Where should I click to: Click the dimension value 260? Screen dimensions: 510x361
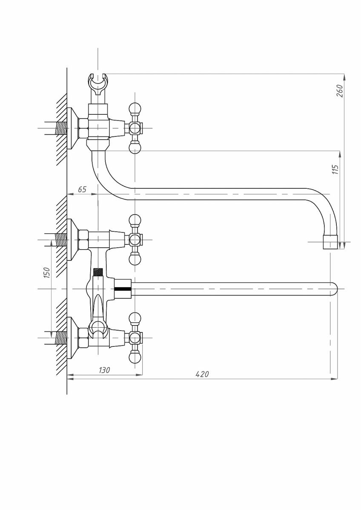coord(339,91)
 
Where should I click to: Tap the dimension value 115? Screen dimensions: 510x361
coord(335,170)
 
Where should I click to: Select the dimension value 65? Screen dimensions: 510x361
coord(82,189)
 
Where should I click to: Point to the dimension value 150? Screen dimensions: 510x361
coord(47,272)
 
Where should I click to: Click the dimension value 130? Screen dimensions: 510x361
coord(104,370)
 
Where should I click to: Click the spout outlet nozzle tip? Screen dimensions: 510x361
coord(331,242)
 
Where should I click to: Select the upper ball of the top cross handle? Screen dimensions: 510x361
coord(135,108)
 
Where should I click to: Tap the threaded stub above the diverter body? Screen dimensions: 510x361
coord(99,272)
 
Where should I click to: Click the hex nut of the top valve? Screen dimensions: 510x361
coord(83,127)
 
